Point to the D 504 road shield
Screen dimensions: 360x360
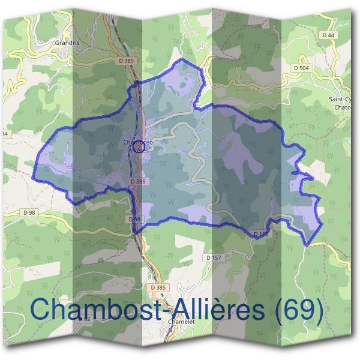coord(301,68)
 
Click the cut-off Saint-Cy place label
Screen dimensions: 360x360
coord(340,100)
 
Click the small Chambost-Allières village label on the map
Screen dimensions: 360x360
coord(137,146)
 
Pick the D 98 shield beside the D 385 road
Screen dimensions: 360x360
coord(134,220)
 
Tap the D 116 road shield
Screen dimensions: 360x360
coord(260,233)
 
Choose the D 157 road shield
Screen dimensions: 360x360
coord(214,257)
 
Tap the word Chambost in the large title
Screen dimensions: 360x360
coord(90,310)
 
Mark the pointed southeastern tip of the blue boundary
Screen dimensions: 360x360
coord(308,245)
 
